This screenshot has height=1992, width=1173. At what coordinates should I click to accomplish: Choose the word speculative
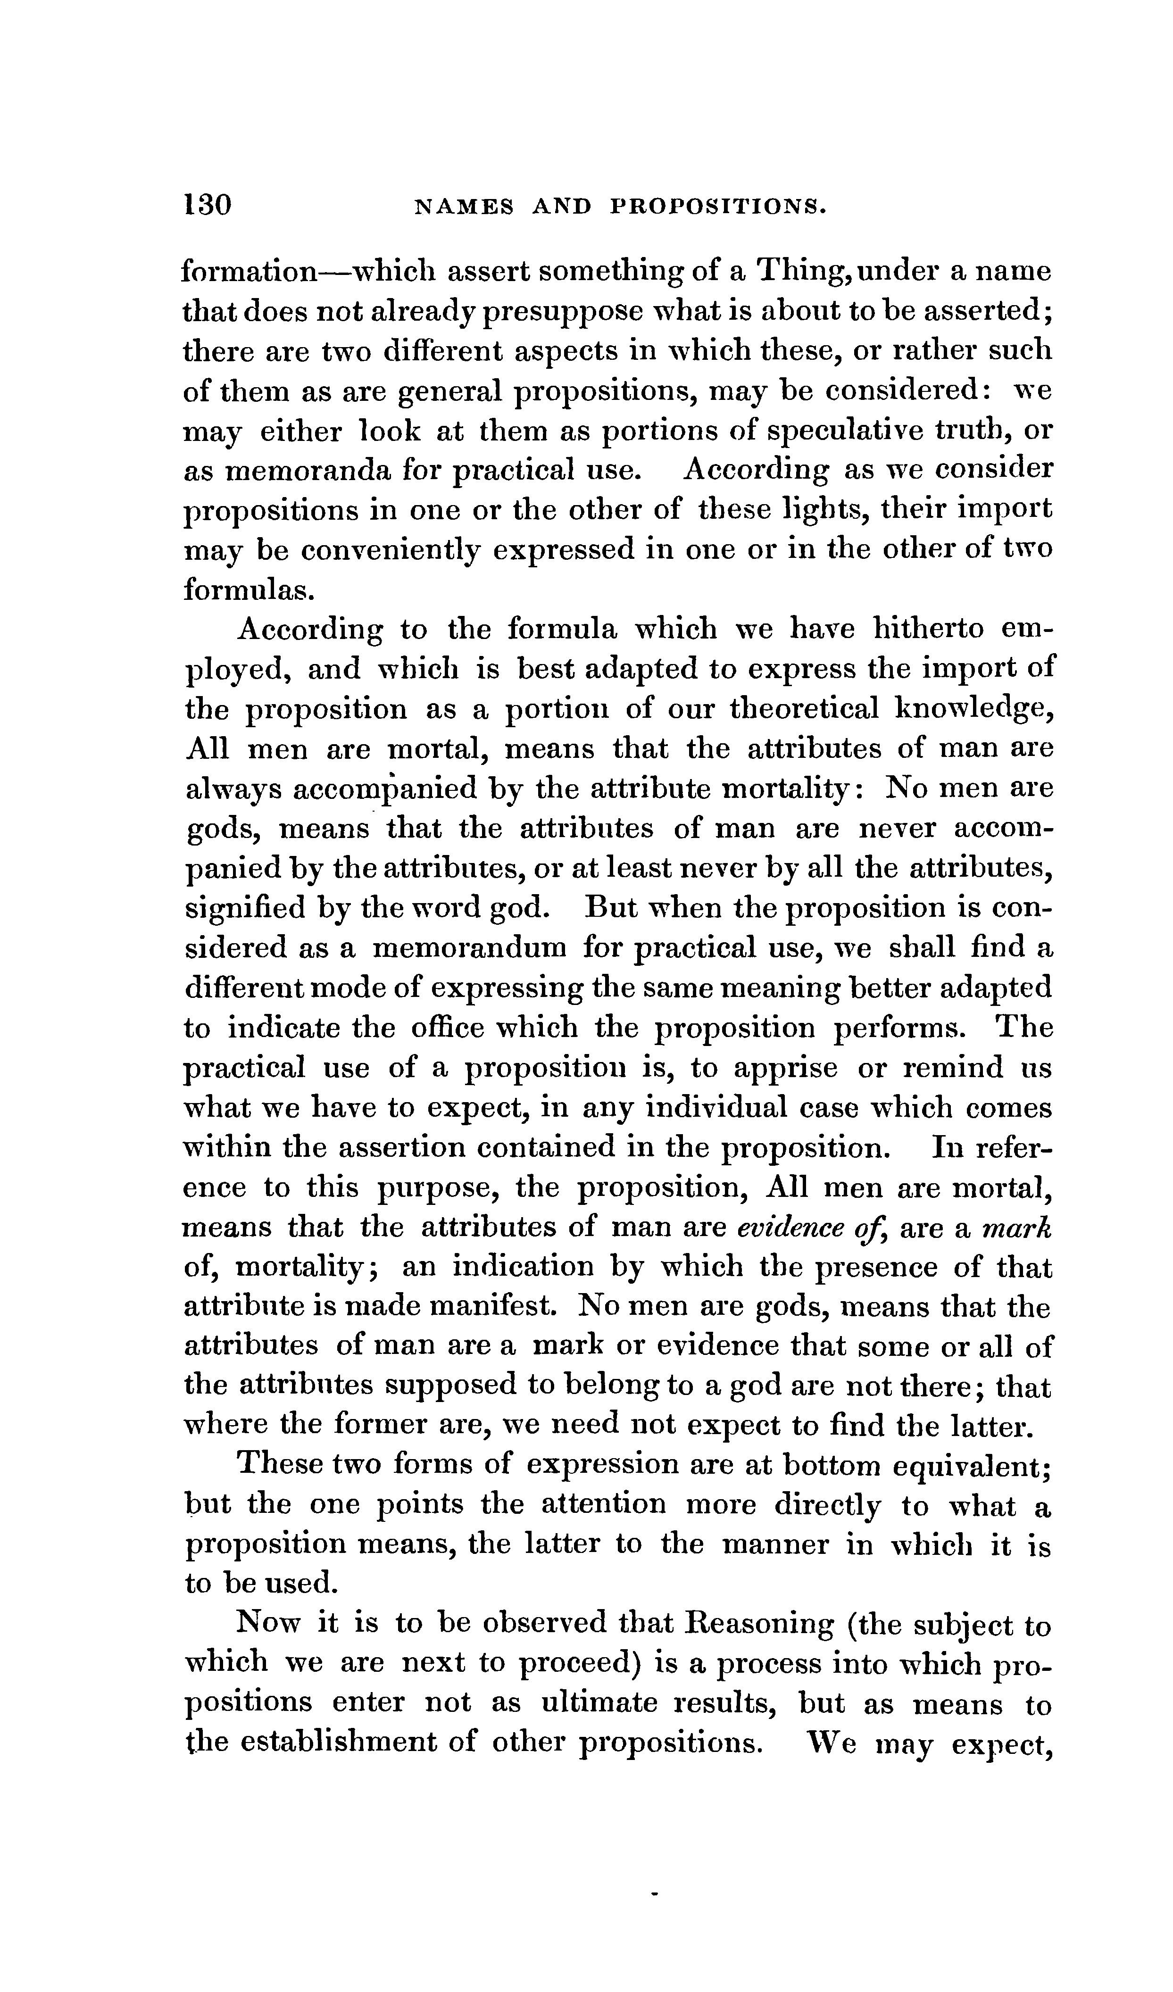pyautogui.click(x=840, y=432)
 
